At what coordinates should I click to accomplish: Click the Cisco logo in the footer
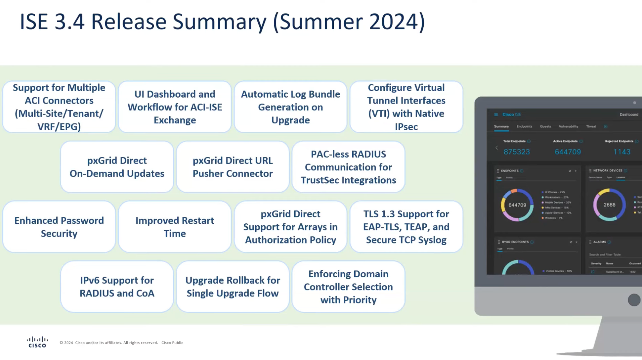(37, 342)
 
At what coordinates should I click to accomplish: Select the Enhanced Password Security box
(59, 227)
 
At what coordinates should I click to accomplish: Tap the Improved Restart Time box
(175, 227)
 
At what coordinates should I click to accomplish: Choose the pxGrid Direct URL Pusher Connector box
(233, 167)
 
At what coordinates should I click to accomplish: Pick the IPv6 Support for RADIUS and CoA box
(117, 287)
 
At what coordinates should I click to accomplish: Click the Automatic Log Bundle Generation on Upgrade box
(290, 107)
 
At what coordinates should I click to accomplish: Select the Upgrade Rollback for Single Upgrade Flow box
(233, 287)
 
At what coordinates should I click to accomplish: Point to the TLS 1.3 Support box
(406, 227)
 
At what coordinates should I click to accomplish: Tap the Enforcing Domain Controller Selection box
(348, 287)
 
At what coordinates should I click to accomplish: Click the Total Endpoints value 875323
(517, 152)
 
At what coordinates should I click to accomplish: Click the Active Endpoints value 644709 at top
(568, 152)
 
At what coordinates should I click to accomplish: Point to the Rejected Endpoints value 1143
(621, 152)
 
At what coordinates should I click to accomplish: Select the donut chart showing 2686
(609, 205)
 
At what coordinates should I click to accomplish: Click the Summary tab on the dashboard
(501, 126)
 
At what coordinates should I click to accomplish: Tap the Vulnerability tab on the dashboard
(568, 126)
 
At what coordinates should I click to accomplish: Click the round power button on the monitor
(634, 300)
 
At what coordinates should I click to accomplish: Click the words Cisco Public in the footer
(172, 343)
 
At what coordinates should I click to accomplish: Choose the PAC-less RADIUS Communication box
(348, 167)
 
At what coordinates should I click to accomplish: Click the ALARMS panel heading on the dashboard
(600, 242)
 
